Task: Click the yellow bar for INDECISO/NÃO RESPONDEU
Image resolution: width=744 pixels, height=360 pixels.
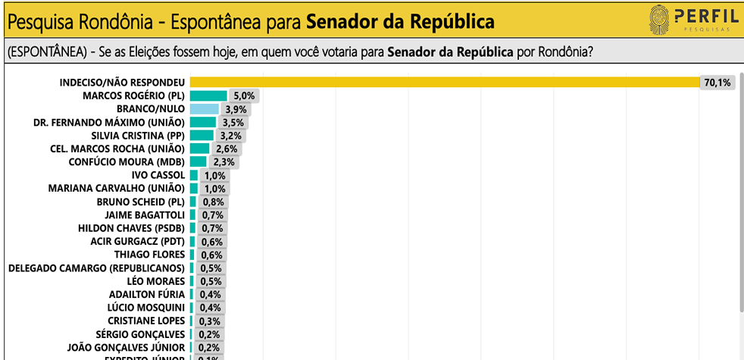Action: (x=443, y=82)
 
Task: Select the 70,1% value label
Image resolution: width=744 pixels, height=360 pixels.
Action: (x=717, y=83)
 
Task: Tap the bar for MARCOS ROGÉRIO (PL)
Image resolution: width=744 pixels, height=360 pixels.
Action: (x=208, y=95)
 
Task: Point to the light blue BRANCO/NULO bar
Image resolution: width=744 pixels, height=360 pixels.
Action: (x=204, y=109)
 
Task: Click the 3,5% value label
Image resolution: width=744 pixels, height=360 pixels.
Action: (x=231, y=123)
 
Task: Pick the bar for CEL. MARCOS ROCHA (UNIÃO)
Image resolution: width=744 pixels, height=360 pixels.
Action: (x=199, y=149)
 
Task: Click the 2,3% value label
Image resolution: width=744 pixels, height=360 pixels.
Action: (x=225, y=162)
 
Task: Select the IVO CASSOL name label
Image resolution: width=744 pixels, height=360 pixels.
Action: (x=158, y=175)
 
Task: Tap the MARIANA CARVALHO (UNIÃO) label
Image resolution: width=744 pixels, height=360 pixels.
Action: (x=116, y=188)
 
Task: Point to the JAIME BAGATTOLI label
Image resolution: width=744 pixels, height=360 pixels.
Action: (x=140, y=214)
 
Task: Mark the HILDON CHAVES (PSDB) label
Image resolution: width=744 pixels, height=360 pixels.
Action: (x=131, y=228)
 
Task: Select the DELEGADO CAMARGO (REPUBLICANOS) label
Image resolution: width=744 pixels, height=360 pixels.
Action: (x=96, y=268)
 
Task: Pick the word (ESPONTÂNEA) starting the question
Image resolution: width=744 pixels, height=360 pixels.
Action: (x=42, y=52)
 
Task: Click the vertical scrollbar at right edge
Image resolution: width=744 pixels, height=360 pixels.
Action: (x=740, y=189)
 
